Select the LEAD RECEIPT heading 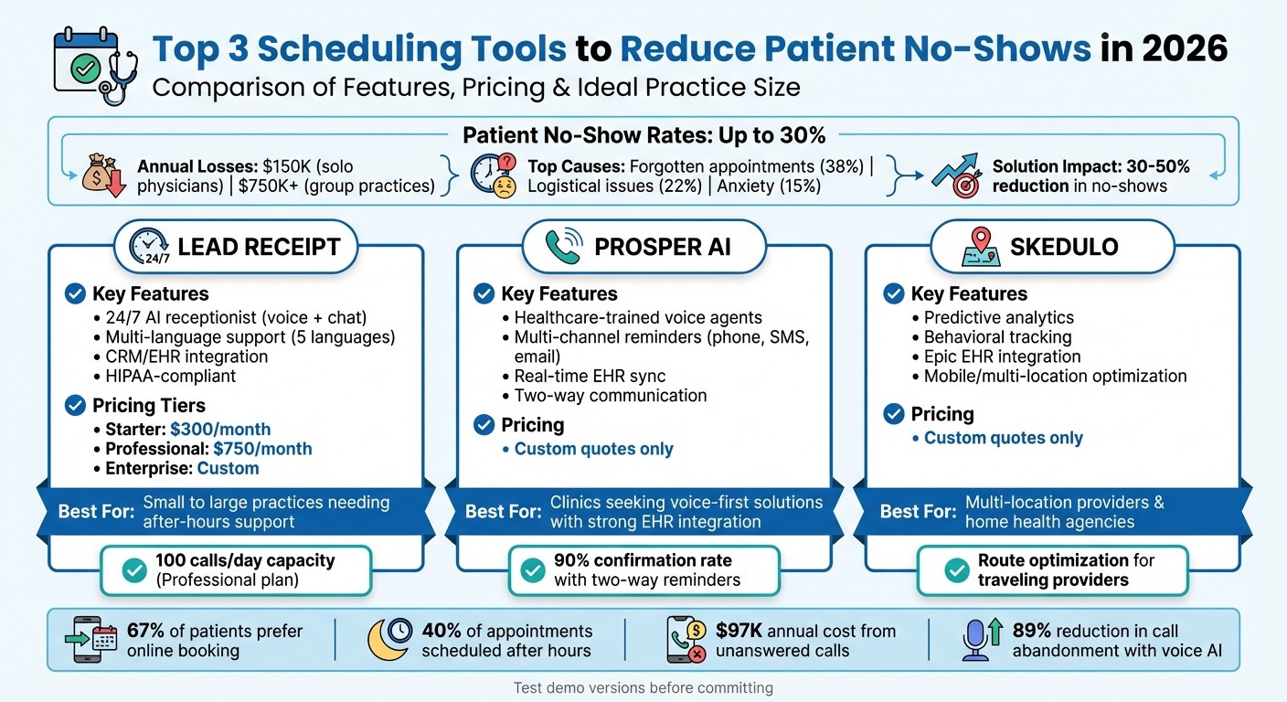coord(259,246)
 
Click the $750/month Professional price coord(262,449)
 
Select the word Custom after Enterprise coord(229,469)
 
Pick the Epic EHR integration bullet coord(1002,356)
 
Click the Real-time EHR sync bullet coord(590,376)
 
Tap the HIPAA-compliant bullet coord(170,376)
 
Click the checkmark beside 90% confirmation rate coord(532,570)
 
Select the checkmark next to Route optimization coord(956,570)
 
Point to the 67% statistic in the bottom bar coord(144,631)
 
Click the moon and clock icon coord(388,640)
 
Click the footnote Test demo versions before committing coord(643,687)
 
